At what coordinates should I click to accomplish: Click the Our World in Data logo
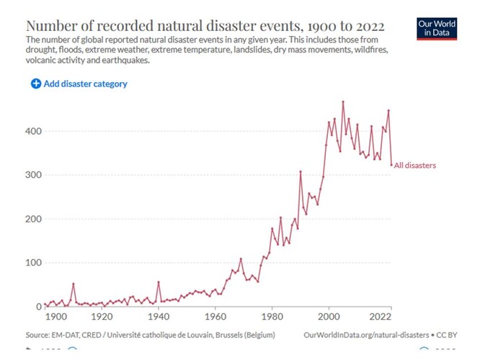coord(437,29)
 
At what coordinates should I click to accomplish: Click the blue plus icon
coord(36,84)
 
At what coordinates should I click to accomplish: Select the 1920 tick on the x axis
coord(102,317)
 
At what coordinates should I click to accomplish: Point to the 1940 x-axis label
coord(158,317)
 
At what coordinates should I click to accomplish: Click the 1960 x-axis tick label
coord(215,317)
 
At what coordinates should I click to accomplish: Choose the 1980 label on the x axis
coord(272,317)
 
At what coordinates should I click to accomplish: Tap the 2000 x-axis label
coord(329,317)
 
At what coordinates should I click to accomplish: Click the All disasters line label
coord(415,166)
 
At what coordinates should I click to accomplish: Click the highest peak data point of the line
coord(343,102)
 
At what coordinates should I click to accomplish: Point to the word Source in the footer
coord(39,336)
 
